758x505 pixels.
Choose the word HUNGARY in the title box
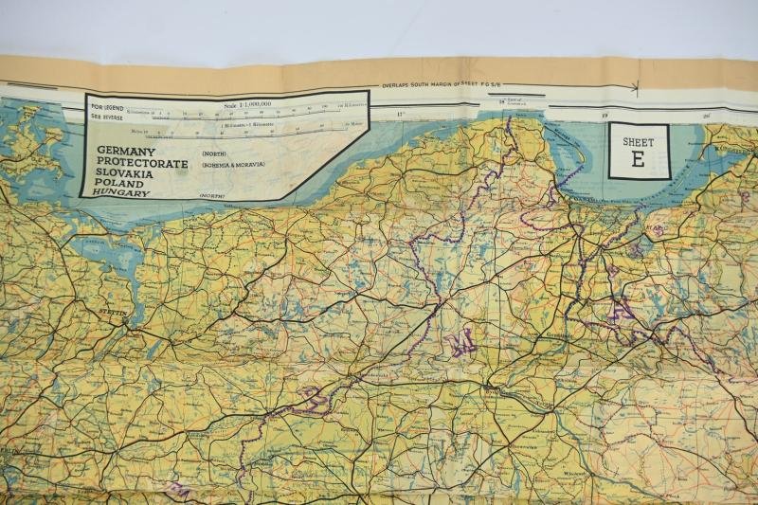(x=122, y=193)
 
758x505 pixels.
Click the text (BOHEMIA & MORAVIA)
(x=232, y=164)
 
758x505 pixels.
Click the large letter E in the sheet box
(x=638, y=160)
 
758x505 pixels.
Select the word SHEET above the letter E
(x=638, y=141)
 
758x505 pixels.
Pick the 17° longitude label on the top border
(x=400, y=115)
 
